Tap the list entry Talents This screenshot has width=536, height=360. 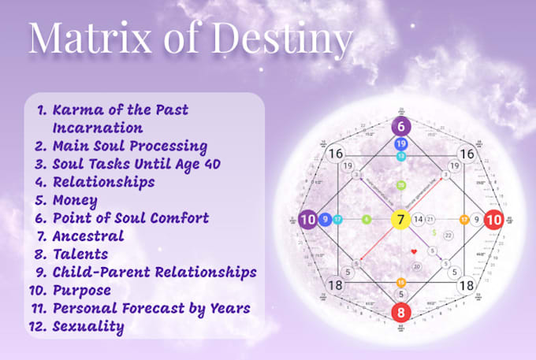pos(80,254)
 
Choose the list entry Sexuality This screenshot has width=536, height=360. pos(87,325)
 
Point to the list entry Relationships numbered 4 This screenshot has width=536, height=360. pos(102,182)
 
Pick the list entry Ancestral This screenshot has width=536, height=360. pos(87,236)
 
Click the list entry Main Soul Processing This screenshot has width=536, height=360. pos(130,146)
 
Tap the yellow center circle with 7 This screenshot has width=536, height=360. pos(400,219)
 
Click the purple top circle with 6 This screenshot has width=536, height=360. pos(400,127)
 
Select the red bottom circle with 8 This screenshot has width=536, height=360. pos(400,313)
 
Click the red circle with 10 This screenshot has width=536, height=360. pos(493,219)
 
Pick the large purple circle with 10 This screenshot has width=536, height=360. pos(307,219)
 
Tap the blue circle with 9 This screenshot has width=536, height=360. pos(325,219)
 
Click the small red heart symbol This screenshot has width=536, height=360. pos(413,251)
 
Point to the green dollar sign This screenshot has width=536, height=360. pos(434,233)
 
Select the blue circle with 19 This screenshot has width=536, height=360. pos(400,144)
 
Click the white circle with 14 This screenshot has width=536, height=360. pos(419,219)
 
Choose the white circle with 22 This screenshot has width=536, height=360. pos(448,235)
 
